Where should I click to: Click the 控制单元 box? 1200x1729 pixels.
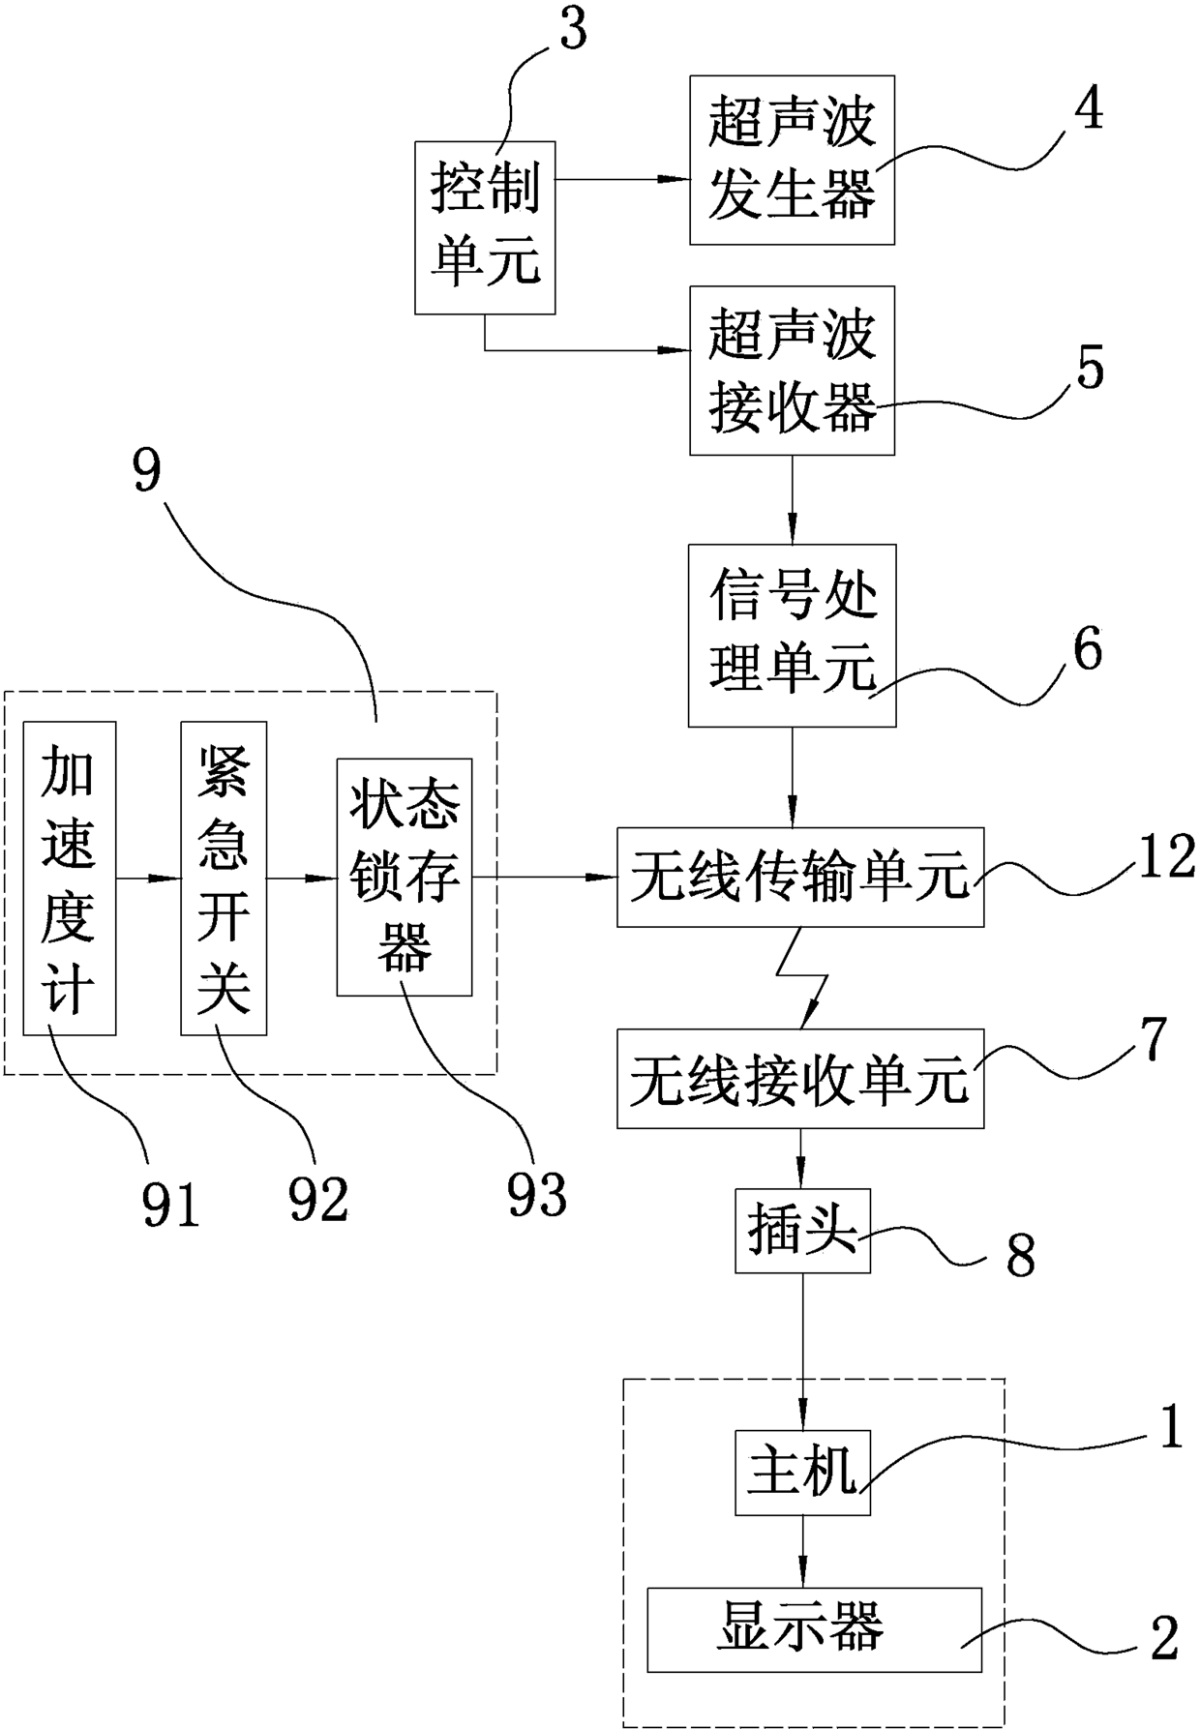[x=485, y=227]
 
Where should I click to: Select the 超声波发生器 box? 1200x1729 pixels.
[x=792, y=160]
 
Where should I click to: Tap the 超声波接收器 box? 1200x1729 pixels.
[x=792, y=371]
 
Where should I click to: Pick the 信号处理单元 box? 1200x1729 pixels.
[x=792, y=635]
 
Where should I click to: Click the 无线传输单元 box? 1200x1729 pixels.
[x=800, y=878]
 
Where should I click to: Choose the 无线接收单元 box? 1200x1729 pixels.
[x=800, y=1079]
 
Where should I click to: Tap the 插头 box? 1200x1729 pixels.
[x=802, y=1231]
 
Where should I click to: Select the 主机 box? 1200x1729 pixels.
[x=802, y=1472]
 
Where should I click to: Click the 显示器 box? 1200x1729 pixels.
[x=814, y=1629]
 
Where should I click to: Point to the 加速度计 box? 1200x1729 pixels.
[x=70, y=879]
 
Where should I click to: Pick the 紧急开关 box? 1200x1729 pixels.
[x=224, y=879]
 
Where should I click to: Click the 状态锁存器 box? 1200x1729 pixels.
[x=405, y=878]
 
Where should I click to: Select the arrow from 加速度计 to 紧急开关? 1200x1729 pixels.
[x=148, y=879]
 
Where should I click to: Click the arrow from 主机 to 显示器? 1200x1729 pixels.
[x=802, y=1551]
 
